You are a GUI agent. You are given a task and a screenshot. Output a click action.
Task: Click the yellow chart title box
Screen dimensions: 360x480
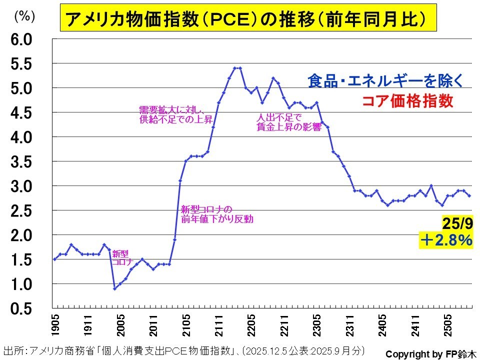[245, 18]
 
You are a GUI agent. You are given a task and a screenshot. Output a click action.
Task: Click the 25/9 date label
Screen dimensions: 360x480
[455, 222]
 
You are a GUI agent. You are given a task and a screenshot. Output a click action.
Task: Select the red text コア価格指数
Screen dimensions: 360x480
[407, 101]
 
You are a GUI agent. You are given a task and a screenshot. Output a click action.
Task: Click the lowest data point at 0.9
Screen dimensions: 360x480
[114, 288]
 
